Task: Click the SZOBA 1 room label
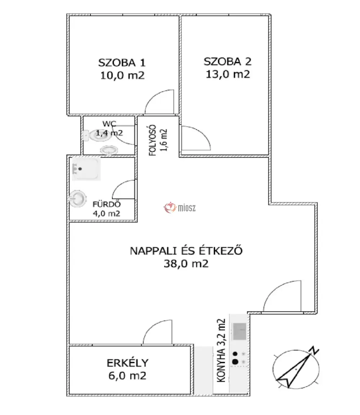(122, 63)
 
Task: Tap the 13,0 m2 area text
(228, 74)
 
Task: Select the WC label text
(109, 123)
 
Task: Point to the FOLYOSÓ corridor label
(152, 140)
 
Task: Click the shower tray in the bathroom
(86, 169)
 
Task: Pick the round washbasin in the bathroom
(78, 199)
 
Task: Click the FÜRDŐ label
(107, 204)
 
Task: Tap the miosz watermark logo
(180, 208)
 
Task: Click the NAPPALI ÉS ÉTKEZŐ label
(186, 251)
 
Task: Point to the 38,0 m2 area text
(186, 264)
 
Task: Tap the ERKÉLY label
(127, 363)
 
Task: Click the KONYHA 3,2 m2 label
(221, 350)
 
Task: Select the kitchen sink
(239, 331)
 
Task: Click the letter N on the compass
(314, 350)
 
